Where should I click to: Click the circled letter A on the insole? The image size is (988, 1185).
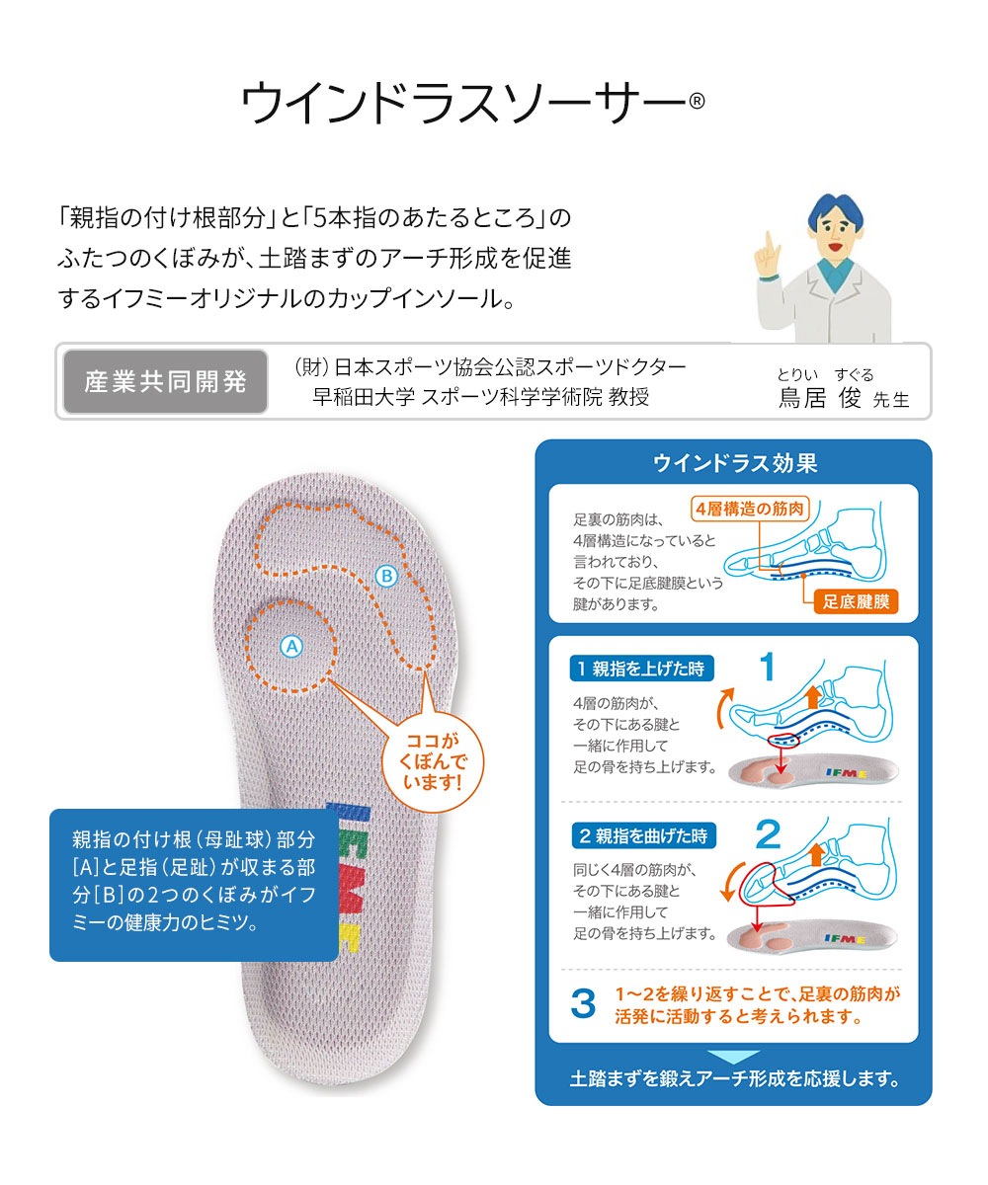pyautogui.click(x=291, y=647)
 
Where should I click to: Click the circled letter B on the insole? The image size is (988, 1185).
pyautogui.click(x=386, y=577)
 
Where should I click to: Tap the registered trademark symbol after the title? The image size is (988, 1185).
pyautogui.click(x=697, y=101)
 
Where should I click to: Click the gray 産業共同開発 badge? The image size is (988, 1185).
pyautogui.click(x=165, y=381)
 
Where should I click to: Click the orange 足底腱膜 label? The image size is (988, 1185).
pyautogui.click(x=856, y=601)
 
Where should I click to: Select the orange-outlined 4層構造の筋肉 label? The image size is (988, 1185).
pyautogui.click(x=750, y=509)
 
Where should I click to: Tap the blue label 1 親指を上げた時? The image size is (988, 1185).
pyautogui.click(x=641, y=669)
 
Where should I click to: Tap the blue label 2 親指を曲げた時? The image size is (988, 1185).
pyautogui.click(x=644, y=836)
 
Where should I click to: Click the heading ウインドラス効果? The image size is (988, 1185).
pyautogui.click(x=735, y=463)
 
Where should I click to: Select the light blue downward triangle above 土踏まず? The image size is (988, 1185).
pyautogui.click(x=734, y=1056)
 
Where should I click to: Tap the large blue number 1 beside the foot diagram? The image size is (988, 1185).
pyautogui.click(x=767, y=667)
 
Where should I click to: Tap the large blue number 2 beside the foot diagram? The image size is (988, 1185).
pyautogui.click(x=769, y=833)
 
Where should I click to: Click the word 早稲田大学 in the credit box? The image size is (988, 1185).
pyautogui.click(x=364, y=397)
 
